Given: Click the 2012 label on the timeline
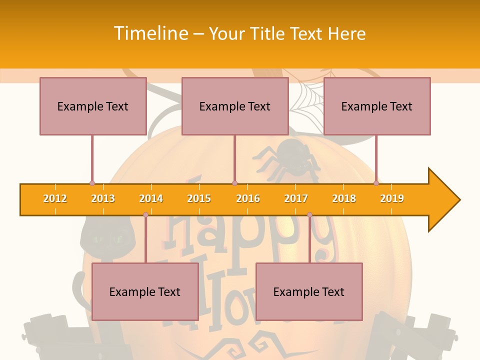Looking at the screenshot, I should [x=55, y=198].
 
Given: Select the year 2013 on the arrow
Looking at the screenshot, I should [x=103, y=198].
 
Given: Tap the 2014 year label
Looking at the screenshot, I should [x=151, y=198].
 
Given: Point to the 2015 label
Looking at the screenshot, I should [x=199, y=198].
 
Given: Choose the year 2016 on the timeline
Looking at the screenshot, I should [x=248, y=198].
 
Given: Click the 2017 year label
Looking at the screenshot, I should [x=296, y=198].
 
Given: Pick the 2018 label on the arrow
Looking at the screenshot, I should [x=344, y=198].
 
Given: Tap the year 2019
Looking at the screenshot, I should [x=392, y=198].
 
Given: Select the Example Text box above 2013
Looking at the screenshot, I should [x=93, y=106].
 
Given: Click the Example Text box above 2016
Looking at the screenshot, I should [x=235, y=106].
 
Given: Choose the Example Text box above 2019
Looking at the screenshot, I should [x=377, y=106].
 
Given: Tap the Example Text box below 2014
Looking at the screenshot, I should [x=145, y=291].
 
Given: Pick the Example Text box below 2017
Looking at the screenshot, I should [x=309, y=291].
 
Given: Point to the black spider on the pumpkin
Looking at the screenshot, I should [x=292, y=157].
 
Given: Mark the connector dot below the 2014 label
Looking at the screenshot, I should [x=145, y=214].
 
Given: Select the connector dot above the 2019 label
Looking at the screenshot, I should [x=376, y=183].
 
